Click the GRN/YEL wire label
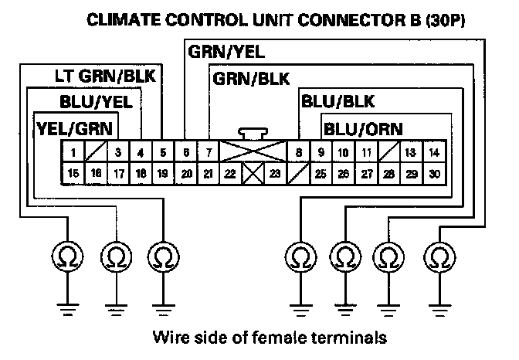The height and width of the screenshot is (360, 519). pyautogui.click(x=226, y=52)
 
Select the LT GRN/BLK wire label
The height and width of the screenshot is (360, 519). pyautogui.click(x=105, y=76)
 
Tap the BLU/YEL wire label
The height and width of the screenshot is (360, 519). pyautogui.click(x=96, y=102)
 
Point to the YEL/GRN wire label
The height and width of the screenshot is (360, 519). pyautogui.click(x=74, y=129)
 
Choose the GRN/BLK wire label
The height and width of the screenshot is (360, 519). pyautogui.click(x=251, y=79)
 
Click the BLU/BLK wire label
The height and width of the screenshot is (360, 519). pyautogui.click(x=338, y=101)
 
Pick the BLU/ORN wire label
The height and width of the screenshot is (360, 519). pyautogui.click(x=363, y=129)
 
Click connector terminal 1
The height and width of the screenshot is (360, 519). pyautogui.click(x=73, y=152)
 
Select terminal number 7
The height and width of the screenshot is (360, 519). pyautogui.click(x=209, y=152)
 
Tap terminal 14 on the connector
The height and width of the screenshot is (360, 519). pyautogui.click(x=434, y=152)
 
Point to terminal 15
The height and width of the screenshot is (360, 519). pyautogui.click(x=73, y=173)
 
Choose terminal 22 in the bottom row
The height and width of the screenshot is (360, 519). pyautogui.click(x=230, y=174)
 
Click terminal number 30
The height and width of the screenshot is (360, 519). pyautogui.click(x=434, y=174)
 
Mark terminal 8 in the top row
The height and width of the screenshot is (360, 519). pyautogui.click(x=299, y=152)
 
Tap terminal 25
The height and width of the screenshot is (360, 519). pyautogui.click(x=321, y=174)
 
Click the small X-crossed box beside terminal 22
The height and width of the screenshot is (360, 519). pyautogui.click(x=253, y=173)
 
